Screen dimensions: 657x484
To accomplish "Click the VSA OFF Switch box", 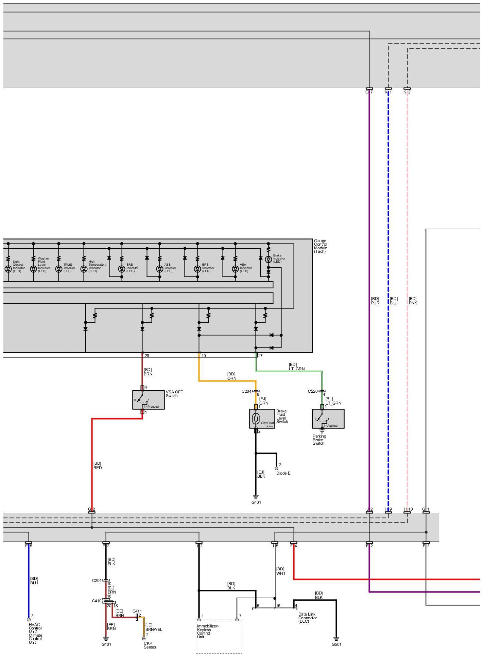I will [148, 399].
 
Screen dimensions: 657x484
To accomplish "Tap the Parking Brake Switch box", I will [328, 419].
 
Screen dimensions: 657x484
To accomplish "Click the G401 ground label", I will [256, 502].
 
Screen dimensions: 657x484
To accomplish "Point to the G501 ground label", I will [336, 644].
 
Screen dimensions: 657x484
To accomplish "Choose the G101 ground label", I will [106, 644].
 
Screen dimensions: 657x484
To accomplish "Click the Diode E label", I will [283, 473].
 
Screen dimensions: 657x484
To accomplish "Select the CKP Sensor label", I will [150, 645].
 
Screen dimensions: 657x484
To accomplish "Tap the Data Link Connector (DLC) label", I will [308, 618].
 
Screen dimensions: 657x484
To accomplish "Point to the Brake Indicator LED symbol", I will [268, 260].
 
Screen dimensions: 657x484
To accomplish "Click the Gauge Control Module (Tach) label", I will [321, 246].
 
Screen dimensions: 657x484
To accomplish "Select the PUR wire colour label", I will [375, 303].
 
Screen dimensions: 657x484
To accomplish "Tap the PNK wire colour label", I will [413, 303].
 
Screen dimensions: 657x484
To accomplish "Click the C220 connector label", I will [313, 391].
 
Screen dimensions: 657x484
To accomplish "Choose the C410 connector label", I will [97, 601].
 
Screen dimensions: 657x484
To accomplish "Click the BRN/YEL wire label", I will [154, 629].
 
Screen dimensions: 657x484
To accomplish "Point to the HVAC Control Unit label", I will [35, 633].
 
